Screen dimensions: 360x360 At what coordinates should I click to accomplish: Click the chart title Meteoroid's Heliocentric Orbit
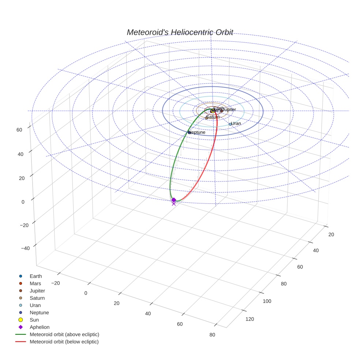(x=180, y=32)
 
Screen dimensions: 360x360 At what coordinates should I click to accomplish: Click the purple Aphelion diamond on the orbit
(x=174, y=200)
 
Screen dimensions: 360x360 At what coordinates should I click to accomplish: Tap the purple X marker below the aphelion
(x=173, y=204)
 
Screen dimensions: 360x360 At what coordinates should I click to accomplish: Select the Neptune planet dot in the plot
(x=189, y=132)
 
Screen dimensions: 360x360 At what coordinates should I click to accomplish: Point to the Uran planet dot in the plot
(x=230, y=124)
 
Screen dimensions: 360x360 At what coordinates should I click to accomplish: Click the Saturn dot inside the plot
(x=207, y=118)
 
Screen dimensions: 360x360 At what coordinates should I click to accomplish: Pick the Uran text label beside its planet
(x=236, y=124)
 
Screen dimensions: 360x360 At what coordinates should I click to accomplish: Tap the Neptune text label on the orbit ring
(x=198, y=132)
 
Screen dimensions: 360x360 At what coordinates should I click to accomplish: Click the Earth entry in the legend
(x=35, y=276)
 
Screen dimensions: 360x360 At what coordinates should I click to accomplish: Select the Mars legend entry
(x=35, y=283)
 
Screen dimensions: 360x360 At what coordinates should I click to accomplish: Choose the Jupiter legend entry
(x=37, y=290)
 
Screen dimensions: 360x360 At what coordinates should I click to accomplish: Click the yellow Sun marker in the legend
(x=21, y=320)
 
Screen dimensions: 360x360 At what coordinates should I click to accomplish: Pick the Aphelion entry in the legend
(x=39, y=327)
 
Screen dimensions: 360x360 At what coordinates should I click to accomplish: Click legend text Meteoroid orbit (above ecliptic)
(x=64, y=334)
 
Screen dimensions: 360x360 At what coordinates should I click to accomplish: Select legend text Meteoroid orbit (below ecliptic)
(x=64, y=342)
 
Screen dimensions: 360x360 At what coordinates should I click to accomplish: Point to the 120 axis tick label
(x=250, y=319)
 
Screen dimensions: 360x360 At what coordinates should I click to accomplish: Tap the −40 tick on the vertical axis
(x=25, y=248)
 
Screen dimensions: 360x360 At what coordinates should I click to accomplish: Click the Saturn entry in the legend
(x=37, y=298)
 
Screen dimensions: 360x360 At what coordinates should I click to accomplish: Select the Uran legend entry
(x=35, y=305)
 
